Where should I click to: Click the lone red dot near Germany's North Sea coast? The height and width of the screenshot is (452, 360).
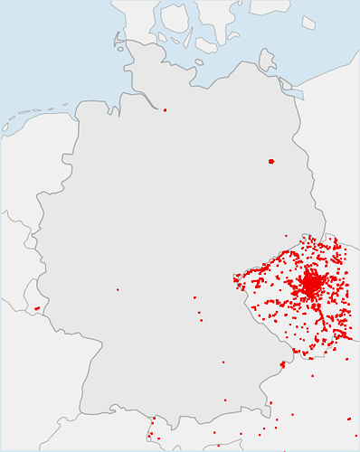coord(165,110)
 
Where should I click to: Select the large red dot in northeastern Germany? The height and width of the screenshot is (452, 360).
coord(271,161)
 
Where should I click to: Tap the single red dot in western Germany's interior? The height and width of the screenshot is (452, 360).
coord(118,289)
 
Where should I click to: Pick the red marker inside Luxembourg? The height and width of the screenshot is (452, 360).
coord(37,308)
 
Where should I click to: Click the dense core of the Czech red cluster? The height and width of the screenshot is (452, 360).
coord(311,285)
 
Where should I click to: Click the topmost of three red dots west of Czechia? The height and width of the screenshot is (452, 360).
coord(194,297)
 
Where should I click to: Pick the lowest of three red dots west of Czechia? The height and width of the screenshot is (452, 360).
coord(201,320)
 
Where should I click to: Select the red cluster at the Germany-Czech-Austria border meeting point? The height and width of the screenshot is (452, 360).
coord(282,365)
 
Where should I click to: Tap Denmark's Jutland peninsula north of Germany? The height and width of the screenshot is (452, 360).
coord(136,27)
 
